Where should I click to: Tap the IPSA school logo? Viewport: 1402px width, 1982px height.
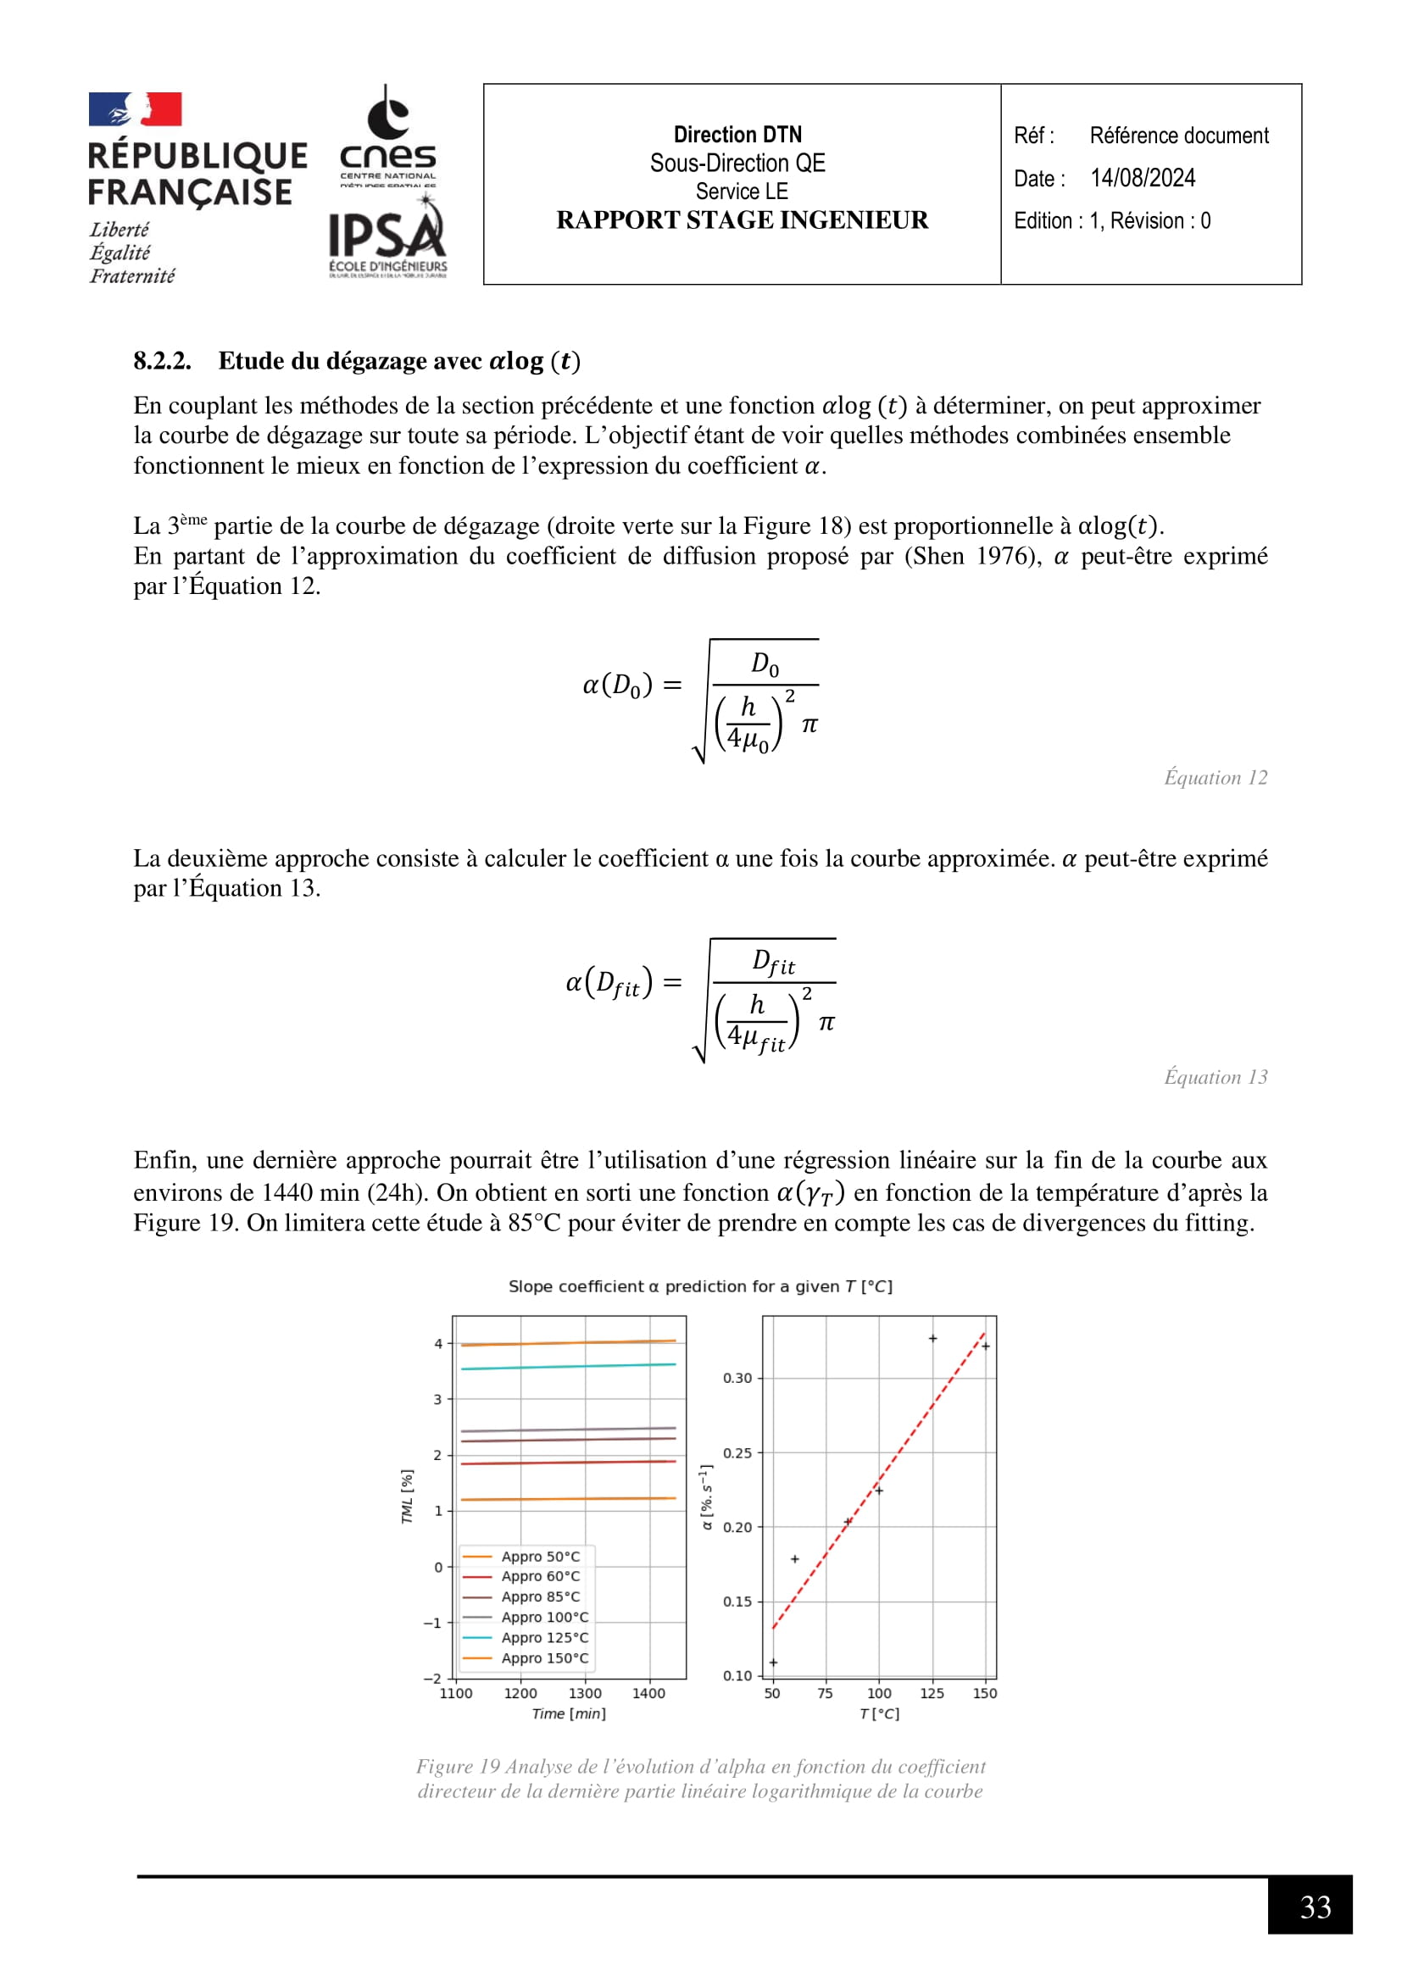(387, 236)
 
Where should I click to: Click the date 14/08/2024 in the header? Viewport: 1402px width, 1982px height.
(1142, 178)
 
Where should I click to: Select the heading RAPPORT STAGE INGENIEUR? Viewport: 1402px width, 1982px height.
(742, 220)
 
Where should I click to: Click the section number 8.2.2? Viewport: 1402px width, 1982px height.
(162, 361)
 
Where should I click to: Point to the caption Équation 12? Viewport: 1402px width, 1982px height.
(1215, 778)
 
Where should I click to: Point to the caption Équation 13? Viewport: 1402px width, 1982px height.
(1215, 1077)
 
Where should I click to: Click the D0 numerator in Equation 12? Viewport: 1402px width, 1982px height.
(765, 663)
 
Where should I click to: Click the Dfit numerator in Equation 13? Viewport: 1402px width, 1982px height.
(773, 962)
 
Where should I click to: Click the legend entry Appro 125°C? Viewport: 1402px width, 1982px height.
(545, 1638)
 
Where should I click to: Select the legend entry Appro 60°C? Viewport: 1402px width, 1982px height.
(541, 1576)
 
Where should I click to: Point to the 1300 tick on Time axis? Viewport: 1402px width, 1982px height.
(585, 1694)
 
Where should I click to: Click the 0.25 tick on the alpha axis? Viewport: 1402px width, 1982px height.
(737, 1453)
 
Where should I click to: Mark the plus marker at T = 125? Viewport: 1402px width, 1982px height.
(932, 1339)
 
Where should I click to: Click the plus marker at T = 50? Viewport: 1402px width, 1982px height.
(774, 1663)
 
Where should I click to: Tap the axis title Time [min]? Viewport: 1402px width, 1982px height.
(568, 1713)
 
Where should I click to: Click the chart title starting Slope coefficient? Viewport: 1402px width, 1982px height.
(700, 1286)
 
